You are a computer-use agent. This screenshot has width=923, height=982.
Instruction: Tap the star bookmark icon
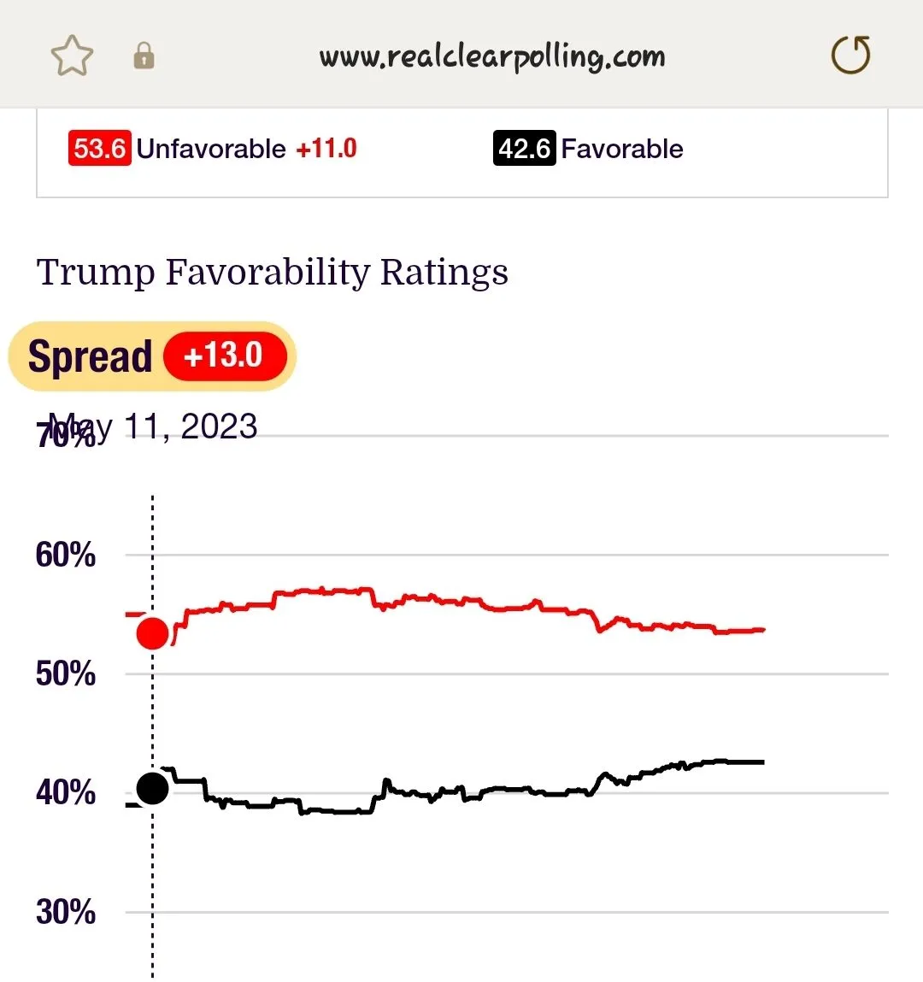[72, 56]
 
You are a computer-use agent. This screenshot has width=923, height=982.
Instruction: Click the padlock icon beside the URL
[144, 56]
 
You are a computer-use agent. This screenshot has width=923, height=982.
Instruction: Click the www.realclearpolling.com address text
[492, 56]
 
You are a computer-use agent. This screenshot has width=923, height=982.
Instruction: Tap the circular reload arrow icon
[850, 56]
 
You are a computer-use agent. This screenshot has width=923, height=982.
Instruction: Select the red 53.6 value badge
[99, 149]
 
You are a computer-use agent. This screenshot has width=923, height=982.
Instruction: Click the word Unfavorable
[211, 149]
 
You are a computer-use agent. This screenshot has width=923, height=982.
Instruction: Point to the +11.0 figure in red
[326, 149]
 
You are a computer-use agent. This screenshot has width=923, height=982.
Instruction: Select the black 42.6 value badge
[524, 149]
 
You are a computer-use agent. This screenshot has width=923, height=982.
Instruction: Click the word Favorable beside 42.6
[622, 149]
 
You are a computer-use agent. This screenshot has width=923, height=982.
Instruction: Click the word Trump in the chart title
[96, 273]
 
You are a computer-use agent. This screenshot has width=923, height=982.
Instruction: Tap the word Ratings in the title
[444, 273]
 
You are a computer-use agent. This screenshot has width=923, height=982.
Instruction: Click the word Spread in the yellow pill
[90, 356]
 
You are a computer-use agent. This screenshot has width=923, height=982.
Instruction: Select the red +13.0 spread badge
[224, 356]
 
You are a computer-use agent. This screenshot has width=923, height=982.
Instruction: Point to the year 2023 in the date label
[219, 426]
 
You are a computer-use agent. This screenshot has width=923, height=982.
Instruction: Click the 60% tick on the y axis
[65, 556]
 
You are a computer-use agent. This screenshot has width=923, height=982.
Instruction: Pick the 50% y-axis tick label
[65, 674]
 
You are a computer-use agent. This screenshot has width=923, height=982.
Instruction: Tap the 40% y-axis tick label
[65, 793]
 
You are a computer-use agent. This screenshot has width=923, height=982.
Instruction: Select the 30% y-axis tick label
[65, 912]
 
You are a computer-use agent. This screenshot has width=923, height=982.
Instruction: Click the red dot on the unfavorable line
[153, 633]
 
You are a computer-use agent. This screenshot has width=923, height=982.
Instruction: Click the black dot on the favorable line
[153, 788]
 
